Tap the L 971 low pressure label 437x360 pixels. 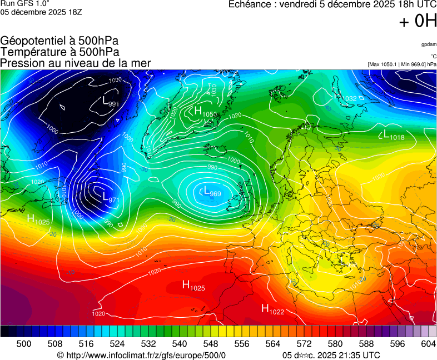111,197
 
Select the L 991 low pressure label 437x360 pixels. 111,102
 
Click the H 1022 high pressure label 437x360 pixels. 272,309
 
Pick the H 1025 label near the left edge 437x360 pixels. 38,219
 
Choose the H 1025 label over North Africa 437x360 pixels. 193,286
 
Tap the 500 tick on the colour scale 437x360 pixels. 24,344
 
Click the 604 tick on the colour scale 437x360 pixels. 428,344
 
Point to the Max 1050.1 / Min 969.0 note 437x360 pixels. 402,64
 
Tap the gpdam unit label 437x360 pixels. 428,44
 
